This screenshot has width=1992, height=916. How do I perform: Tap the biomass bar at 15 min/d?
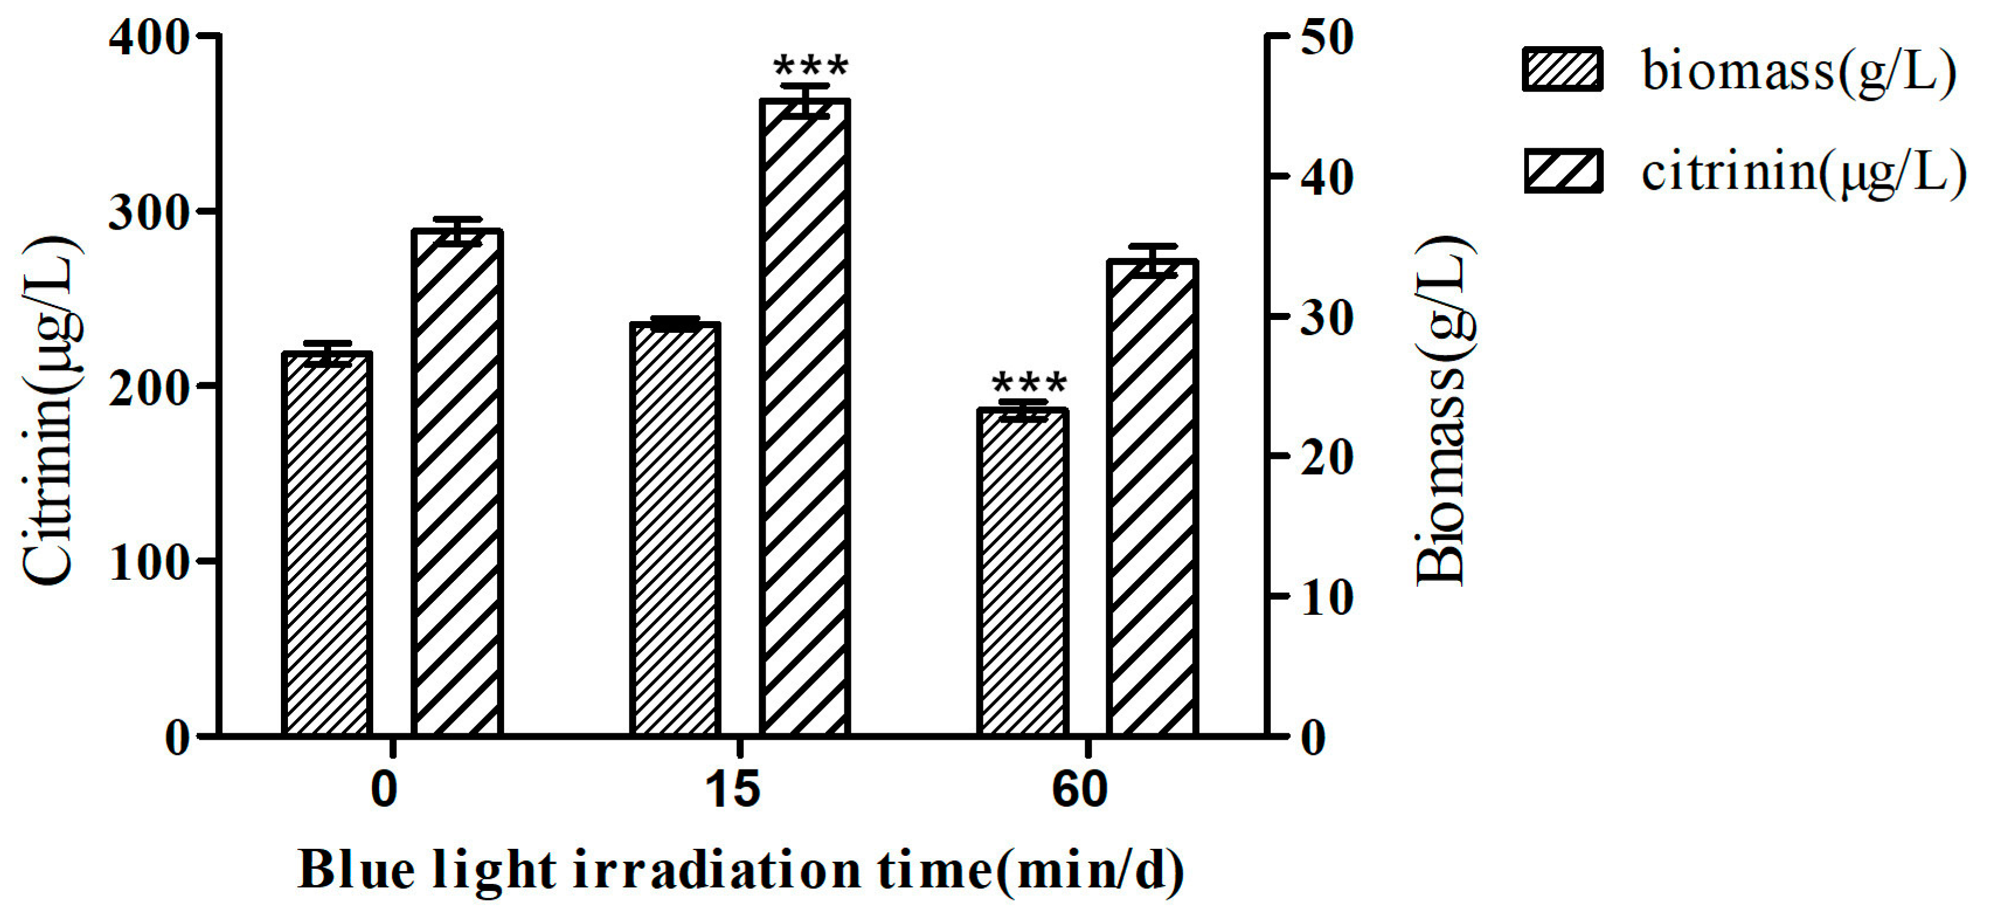point(675,529)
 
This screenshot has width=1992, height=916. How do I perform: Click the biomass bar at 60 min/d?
point(1023,572)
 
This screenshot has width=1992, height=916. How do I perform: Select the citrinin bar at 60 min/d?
point(1152,498)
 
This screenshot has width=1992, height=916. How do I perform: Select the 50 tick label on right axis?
point(1327,39)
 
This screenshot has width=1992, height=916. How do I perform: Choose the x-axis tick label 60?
point(1080,790)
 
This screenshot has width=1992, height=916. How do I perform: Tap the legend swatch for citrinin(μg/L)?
point(1562,172)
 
